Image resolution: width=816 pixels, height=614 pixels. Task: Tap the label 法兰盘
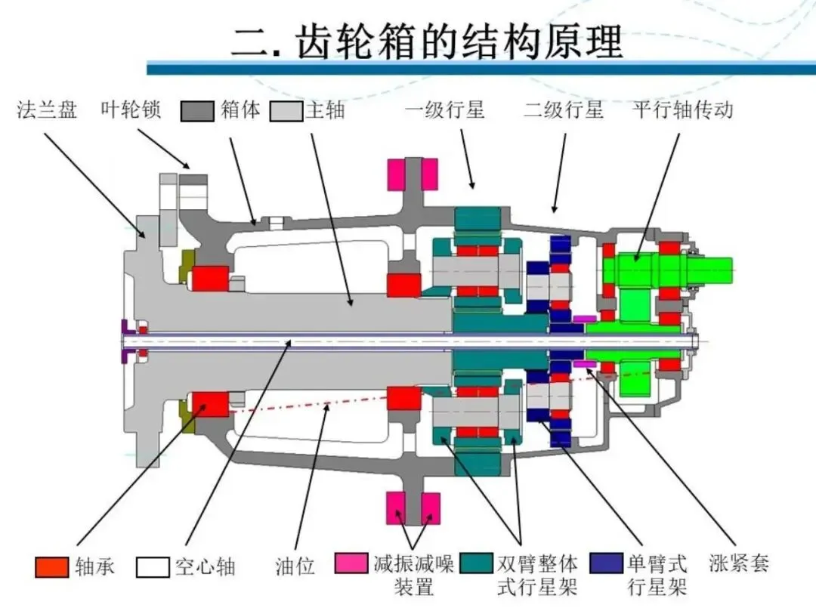[47, 110]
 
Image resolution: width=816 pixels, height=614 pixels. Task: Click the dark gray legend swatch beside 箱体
[197, 111]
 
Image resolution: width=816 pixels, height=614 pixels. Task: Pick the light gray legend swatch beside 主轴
[286, 111]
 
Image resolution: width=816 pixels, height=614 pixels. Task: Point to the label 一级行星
[445, 110]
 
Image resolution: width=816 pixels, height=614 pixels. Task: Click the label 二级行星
[564, 110]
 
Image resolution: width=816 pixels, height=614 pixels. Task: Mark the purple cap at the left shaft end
[125, 342]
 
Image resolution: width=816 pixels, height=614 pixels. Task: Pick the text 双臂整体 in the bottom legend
[538, 564]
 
